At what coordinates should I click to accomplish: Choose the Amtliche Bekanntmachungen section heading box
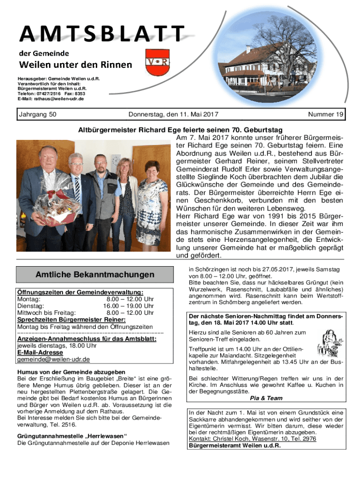94,274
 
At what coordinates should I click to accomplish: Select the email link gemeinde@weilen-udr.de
53,359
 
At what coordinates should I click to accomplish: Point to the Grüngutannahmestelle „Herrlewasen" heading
72,436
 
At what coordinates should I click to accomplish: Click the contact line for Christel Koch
252,439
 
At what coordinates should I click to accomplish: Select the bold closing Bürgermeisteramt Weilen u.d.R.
235,445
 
